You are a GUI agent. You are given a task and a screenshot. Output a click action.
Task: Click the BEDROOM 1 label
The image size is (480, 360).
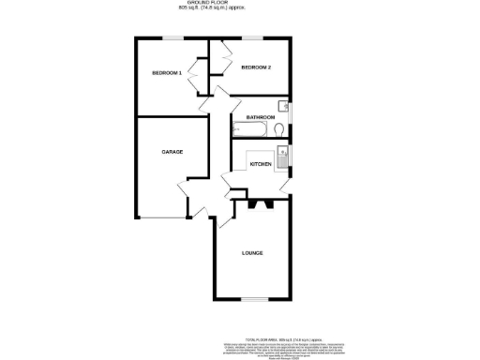click(167, 73)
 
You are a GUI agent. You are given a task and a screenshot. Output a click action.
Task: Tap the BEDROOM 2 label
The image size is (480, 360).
click(255, 68)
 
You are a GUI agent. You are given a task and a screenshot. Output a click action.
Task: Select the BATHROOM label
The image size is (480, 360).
click(260, 117)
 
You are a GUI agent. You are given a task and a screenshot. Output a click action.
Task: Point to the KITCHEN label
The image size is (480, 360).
click(260, 164)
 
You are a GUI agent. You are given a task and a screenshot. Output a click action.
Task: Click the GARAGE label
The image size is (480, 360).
click(172, 152)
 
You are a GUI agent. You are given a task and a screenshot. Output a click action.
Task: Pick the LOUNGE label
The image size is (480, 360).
click(251, 253)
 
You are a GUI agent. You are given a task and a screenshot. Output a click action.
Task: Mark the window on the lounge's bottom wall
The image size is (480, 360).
click(251, 300)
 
